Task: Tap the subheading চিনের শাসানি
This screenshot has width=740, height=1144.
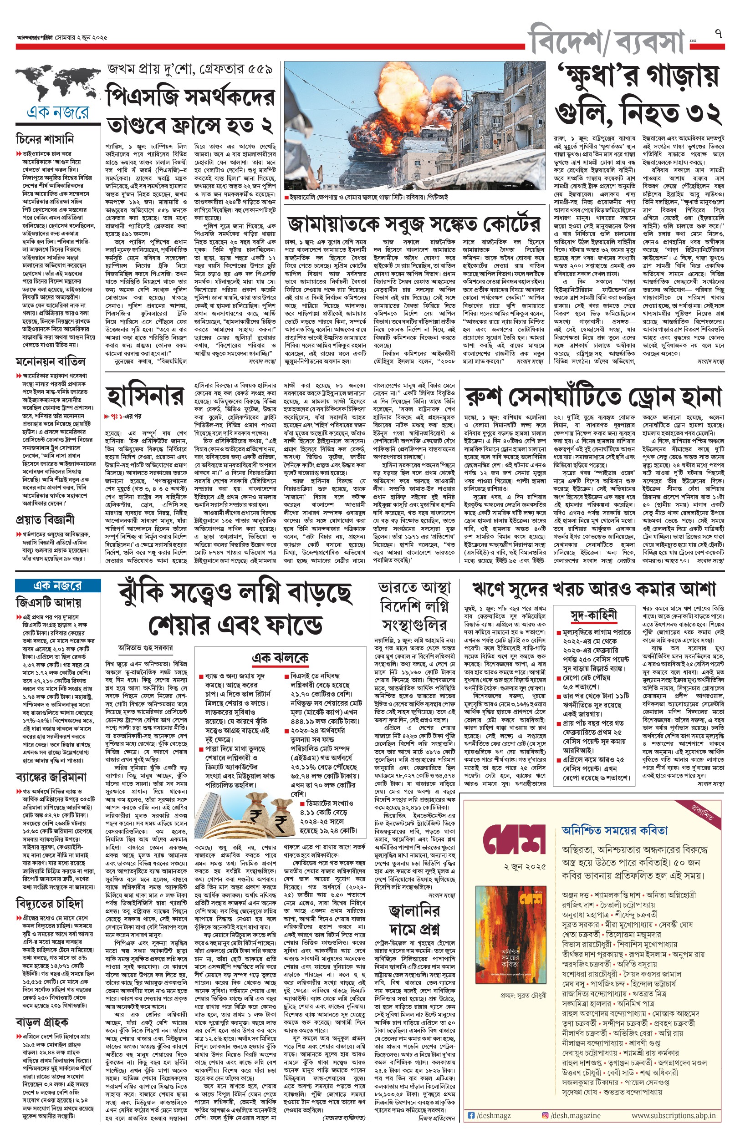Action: pyautogui.click(x=45, y=139)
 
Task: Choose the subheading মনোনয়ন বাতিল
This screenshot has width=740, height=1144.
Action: pyautogui.click(x=51, y=361)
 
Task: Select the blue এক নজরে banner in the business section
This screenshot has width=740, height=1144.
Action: pyautogui.click(x=58, y=585)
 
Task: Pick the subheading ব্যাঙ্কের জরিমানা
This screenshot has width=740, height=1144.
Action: pyautogui.click(x=51, y=777)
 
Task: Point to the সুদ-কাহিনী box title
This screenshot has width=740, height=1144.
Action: pyautogui.click(x=593, y=616)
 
